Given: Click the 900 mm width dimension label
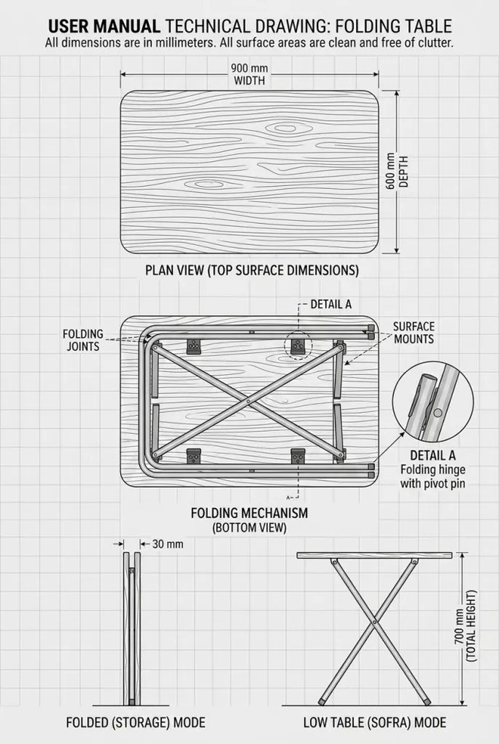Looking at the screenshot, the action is coord(249,74).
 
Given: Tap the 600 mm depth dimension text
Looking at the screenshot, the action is coord(396,171).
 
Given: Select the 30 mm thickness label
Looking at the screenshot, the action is coord(168,543).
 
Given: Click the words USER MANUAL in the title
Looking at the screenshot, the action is coord(104,26).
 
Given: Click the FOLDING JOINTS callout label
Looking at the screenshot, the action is coord(83,340).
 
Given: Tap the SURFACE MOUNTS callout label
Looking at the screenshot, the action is coord(414,333).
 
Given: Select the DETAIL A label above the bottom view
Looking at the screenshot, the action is coord(331,304).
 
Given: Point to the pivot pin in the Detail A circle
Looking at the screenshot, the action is coord(438,413).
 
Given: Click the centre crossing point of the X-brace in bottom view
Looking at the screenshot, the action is coord(248,401).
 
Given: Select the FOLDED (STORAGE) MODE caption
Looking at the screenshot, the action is coord(136,723).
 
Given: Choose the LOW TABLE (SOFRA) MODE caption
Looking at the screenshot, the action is coord(374,723).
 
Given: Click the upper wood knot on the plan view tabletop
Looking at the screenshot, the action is coord(284,128).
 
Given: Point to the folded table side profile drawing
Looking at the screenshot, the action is coord(132,629).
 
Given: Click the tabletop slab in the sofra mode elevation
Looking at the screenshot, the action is coord(374,555).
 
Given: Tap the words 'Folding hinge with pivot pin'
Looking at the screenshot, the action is coord(433,477).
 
